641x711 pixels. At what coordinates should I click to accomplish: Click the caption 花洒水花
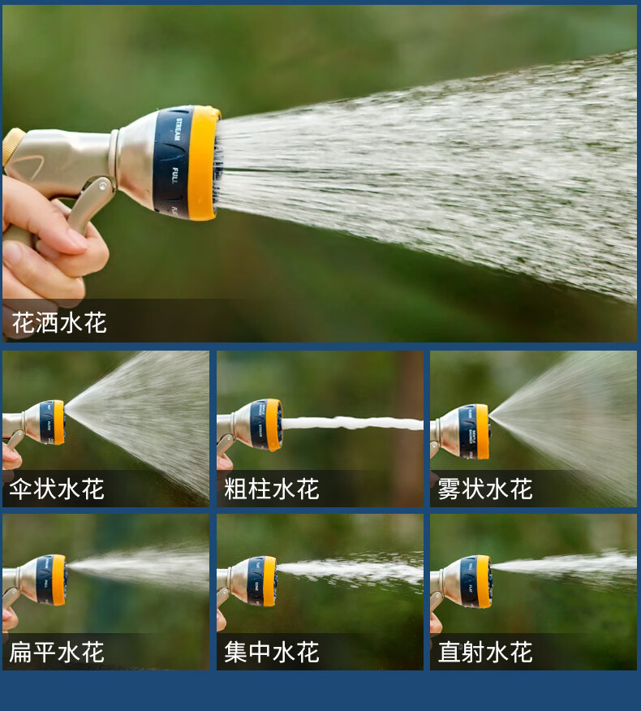[59, 323]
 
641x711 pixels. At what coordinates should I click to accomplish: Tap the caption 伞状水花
[57, 489]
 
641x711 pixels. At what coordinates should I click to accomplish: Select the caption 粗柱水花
[272, 489]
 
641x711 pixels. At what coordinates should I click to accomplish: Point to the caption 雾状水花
[485, 489]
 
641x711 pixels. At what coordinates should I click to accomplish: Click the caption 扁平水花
[57, 652]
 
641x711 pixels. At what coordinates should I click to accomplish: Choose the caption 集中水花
[272, 652]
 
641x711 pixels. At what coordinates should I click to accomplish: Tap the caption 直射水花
[485, 652]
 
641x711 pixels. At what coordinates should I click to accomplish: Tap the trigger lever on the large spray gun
[89, 203]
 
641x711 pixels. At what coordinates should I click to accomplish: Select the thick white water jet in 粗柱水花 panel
[353, 423]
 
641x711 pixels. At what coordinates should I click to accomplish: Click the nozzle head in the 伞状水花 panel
[50, 422]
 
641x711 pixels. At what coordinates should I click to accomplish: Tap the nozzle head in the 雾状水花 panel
[474, 431]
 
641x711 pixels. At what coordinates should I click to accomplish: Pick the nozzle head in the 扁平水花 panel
[50, 580]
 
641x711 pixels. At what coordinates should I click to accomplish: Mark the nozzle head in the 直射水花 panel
[475, 581]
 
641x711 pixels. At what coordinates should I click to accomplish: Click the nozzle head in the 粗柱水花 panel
[265, 424]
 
